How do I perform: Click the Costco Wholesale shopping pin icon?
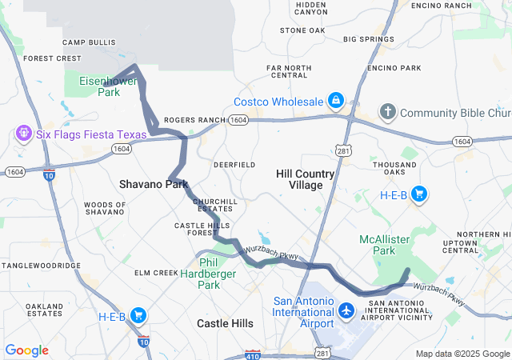(336, 101)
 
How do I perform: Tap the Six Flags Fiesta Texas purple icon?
(22, 133)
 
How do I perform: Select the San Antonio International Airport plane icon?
(346, 310)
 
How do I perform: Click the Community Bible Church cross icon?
(388, 112)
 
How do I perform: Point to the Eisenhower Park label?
(109, 86)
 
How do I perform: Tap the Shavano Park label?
(153, 184)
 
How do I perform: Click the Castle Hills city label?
(226, 323)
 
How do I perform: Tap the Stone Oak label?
(302, 30)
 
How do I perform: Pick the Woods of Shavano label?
(104, 209)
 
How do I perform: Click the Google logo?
(26, 350)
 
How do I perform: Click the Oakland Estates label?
(43, 310)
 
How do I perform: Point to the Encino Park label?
(394, 68)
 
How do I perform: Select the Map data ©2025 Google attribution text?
(462, 354)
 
